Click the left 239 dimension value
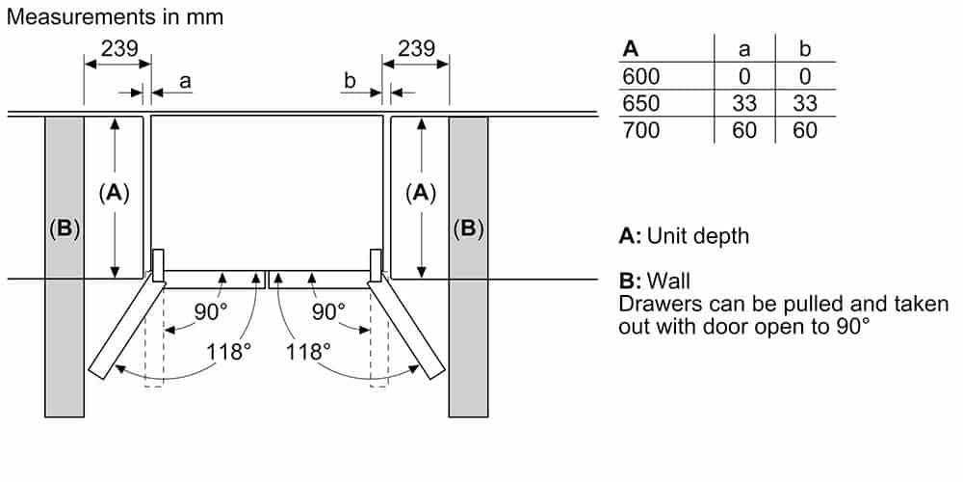tap(119, 48)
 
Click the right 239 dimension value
tap(416, 48)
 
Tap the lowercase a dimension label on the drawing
tap(185, 83)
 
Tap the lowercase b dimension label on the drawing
tap(351, 83)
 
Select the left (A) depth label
tap(115, 193)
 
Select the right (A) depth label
tap(420, 193)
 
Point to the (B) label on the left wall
tap(64, 229)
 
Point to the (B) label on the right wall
tap(468, 229)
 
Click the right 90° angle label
tap(327, 311)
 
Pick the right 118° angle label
tap(308, 351)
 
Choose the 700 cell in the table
tap(641, 130)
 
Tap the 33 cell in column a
tap(744, 103)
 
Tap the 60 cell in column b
tap(804, 130)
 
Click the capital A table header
tap(631, 49)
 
